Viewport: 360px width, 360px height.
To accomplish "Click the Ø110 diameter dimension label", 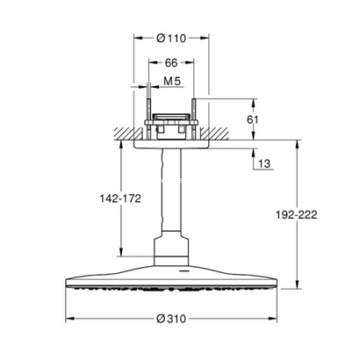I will pyautogui.click(x=170, y=38).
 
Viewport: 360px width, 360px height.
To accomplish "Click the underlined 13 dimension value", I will pyautogui.click(x=263, y=162).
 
